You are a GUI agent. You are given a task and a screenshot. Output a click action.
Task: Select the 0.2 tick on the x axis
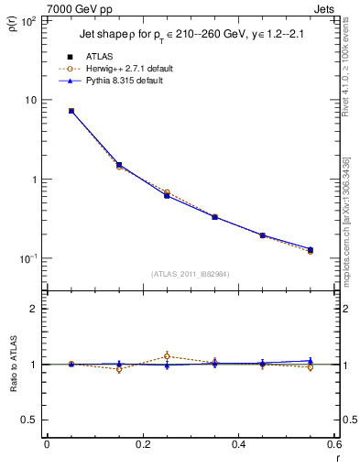(x=142, y=445)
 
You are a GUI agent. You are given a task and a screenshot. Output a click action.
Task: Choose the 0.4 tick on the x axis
(x=238, y=445)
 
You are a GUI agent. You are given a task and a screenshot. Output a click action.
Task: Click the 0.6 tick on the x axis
(x=333, y=445)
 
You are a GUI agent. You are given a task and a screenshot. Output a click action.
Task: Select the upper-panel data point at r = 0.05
(x=71, y=111)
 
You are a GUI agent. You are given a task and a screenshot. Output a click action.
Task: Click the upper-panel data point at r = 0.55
(x=311, y=249)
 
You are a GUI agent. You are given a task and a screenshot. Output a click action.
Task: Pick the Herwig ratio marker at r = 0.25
(x=167, y=355)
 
